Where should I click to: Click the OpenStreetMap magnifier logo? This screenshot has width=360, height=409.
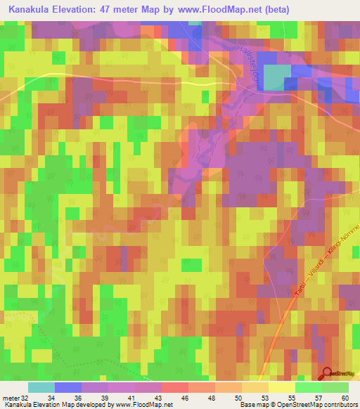click(x=327, y=373)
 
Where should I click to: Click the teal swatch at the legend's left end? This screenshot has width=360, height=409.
click(x=41, y=387)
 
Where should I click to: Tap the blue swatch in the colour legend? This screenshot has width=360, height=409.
click(x=68, y=387)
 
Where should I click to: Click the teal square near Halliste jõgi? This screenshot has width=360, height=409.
click(x=276, y=77)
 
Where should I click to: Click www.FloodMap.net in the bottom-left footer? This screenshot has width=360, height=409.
click(x=146, y=405)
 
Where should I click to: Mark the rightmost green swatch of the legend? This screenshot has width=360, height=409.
click(x=335, y=387)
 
